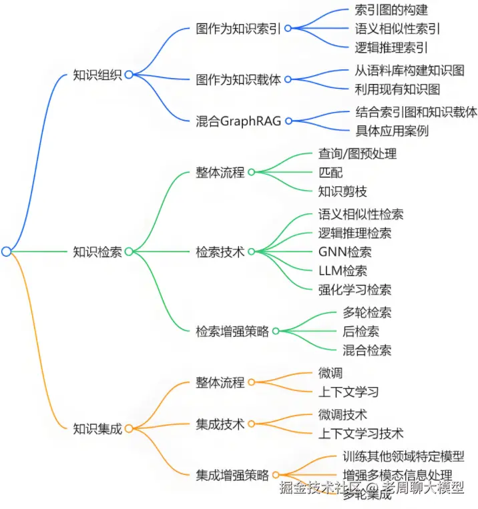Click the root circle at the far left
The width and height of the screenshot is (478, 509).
(x=6, y=251)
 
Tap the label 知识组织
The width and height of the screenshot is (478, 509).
(x=97, y=75)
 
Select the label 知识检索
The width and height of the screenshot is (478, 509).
(x=97, y=251)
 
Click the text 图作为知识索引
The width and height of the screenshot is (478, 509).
(x=238, y=29)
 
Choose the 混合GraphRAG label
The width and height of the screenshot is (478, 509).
(x=238, y=121)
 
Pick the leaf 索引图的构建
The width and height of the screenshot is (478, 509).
(x=391, y=10)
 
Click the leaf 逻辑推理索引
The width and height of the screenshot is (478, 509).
(x=391, y=47)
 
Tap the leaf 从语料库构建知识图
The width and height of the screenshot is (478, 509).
(x=409, y=70)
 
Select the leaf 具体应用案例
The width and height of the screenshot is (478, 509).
(x=391, y=130)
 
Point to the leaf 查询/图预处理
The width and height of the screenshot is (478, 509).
(x=357, y=154)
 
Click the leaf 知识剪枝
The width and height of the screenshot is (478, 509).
(x=342, y=191)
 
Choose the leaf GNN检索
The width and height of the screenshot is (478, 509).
(x=344, y=251)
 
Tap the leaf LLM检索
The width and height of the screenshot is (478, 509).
(x=342, y=270)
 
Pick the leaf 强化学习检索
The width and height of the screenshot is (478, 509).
(x=354, y=290)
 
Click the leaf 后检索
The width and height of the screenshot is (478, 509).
(x=361, y=331)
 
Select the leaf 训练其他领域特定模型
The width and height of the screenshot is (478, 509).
(x=403, y=457)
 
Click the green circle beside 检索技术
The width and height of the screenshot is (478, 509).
(x=252, y=251)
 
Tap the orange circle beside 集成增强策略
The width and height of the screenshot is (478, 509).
(x=276, y=476)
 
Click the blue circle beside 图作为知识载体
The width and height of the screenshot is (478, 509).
(x=288, y=79)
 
